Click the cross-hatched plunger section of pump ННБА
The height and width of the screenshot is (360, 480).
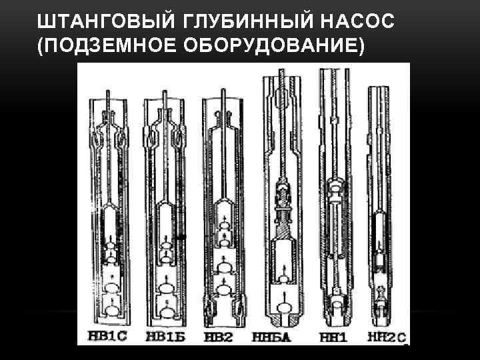pyautogui.click(x=283, y=230)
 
